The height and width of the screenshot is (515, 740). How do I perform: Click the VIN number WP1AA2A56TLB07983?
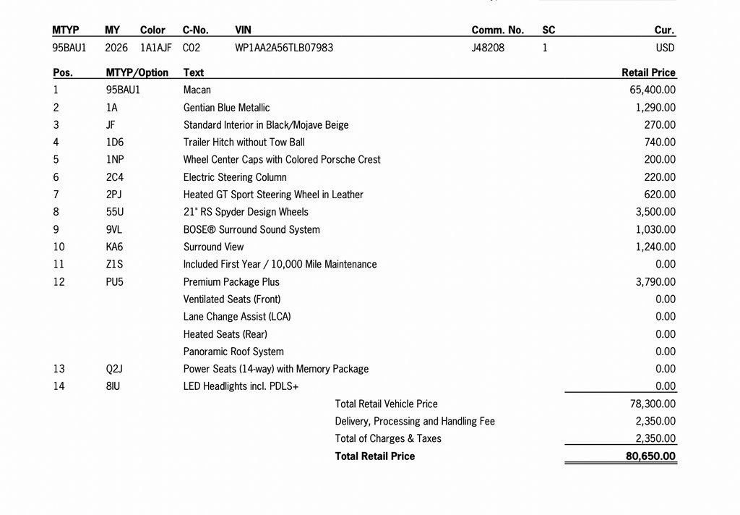pos(284,48)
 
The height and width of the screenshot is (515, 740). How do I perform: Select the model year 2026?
pos(116,48)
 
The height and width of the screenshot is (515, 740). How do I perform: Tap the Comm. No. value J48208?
pos(488,48)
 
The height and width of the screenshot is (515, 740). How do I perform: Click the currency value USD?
pos(666,48)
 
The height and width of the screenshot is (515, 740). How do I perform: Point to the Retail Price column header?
pos(648,72)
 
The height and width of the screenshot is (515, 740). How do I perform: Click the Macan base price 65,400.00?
pos(653,90)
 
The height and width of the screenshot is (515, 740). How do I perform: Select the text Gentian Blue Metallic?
pos(226,108)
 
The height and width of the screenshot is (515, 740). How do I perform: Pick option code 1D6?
pos(114,142)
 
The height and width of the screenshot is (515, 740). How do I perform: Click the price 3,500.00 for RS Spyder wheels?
pos(655,212)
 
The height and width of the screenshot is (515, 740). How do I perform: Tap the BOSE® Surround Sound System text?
pos(251,229)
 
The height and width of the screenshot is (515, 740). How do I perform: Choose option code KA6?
pos(114,247)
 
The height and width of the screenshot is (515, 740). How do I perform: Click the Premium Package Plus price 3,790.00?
pos(655,282)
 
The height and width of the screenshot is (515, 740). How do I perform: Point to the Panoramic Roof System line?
pos(233,352)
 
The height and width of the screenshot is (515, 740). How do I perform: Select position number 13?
pos(59,369)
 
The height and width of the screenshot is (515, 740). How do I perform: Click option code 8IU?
pos(113,386)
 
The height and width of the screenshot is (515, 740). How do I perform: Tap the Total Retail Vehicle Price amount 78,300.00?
pos(653,404)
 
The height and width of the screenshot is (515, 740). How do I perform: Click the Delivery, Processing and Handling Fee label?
pos(415,421)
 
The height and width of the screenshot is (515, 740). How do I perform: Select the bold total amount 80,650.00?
pos(650,456)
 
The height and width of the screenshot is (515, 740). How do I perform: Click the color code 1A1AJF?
pos(156,48)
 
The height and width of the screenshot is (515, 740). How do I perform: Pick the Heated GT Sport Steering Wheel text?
pos(273,195)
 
